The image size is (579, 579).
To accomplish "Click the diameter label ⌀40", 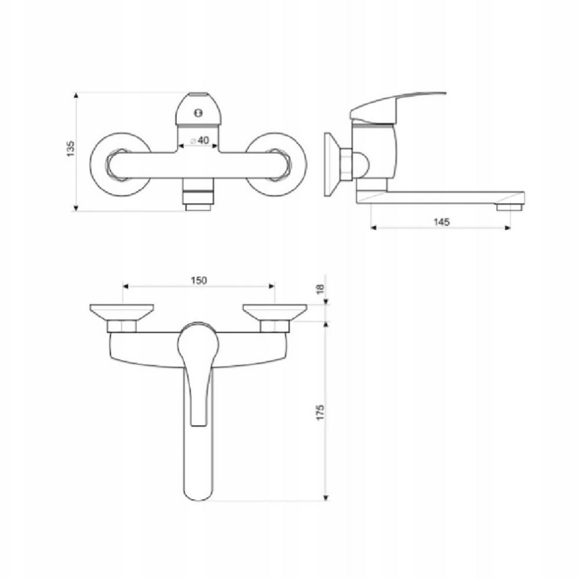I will (x=199, y=140).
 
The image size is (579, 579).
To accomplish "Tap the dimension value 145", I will (x=441, y=222).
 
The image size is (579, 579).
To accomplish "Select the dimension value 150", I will (x=198, y=280).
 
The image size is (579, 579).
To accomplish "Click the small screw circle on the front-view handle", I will (x=197, y=113).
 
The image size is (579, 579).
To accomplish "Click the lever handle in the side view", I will (x=396, y=104).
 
